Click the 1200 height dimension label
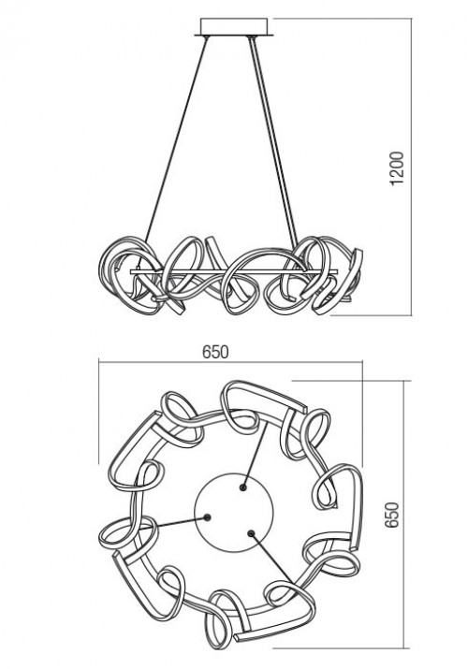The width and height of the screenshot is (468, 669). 397,168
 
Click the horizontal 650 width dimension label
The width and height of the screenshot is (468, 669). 215,352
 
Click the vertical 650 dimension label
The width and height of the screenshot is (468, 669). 391,515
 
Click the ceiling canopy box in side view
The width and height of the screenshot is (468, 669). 233,27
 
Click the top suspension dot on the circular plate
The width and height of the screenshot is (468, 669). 242,487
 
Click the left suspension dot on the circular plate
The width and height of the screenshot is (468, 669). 208,517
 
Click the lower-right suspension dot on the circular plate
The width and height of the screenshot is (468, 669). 251,533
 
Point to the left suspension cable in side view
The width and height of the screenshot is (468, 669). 175,140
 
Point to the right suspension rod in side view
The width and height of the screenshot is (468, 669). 273,140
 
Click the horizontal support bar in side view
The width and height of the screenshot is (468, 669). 234,271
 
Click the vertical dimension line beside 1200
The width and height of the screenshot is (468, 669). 412,167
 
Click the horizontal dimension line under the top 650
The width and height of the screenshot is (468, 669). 230,362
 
